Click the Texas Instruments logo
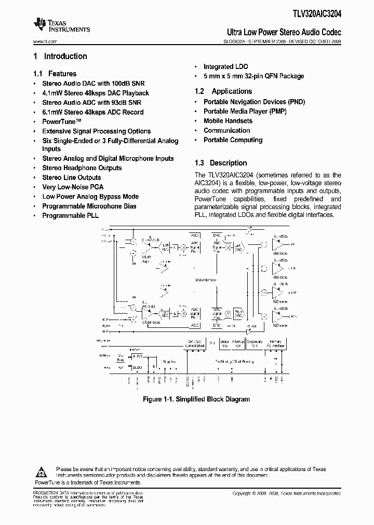(61, 25)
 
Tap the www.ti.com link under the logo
(45, 41)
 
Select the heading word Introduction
(65, 57)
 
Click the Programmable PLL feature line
(70, 215)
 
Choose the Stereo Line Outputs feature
(71, 177)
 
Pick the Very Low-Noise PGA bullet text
(73, 187)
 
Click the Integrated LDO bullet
(225, 67)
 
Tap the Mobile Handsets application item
(228, 121)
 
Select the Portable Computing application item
(233, 140)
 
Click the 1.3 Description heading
(221, 163)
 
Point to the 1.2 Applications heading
(223, 91)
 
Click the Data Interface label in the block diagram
(206, 280)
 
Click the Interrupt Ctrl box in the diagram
(238, 343)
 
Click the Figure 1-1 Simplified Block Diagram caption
(196, 399)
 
